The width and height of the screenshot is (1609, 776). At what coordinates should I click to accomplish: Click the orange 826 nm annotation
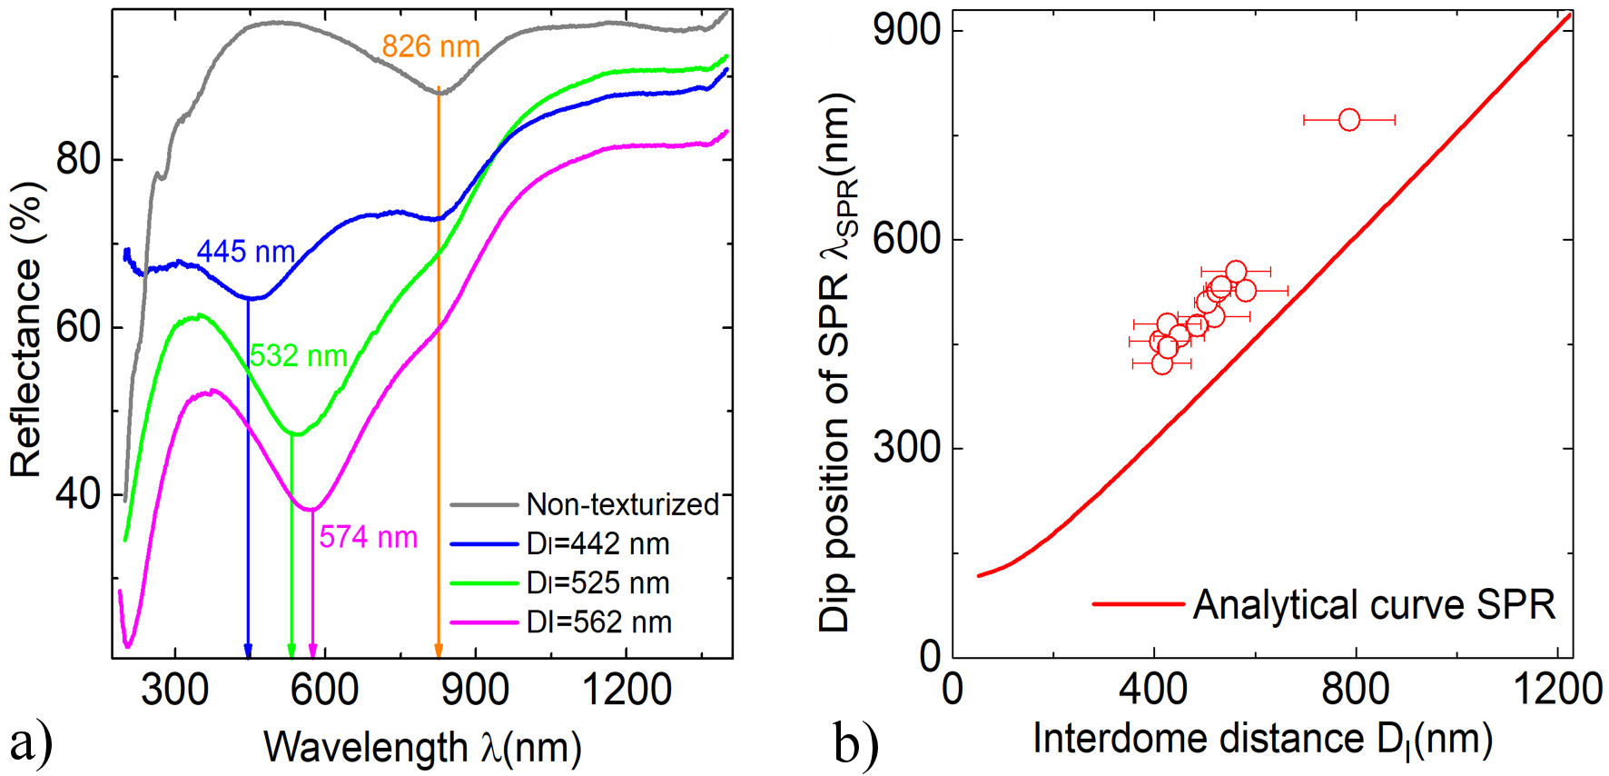430,46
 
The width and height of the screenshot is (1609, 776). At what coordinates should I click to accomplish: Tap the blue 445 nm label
246,252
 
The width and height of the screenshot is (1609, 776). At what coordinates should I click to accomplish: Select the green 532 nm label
299,355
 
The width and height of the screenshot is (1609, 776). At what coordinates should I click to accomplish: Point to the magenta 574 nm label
368,537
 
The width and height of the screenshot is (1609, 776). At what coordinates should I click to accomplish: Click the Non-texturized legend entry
622,504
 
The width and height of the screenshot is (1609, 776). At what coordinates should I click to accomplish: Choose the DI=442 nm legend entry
597,543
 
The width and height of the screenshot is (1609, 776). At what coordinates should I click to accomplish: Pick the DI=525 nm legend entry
597,582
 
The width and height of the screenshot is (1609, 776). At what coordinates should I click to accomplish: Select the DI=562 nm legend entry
598,622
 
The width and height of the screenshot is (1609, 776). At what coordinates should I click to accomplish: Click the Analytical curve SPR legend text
1374,604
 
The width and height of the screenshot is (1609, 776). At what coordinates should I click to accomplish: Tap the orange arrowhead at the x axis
439,651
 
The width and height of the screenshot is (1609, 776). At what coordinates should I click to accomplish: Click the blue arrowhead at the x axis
248,651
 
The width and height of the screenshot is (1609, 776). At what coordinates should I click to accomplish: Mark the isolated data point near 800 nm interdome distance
1349,119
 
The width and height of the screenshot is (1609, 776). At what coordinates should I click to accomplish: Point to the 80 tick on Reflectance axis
78,160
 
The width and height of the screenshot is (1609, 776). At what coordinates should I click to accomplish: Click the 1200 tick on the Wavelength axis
626,691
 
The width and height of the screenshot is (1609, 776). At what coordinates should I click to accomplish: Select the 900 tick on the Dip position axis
906,30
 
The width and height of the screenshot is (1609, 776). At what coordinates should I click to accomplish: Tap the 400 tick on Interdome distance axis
1154,690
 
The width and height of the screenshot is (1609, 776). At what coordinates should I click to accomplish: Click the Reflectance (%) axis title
26,329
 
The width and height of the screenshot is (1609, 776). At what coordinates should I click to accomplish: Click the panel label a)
31,743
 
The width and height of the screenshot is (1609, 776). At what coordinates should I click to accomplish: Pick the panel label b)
855,743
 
